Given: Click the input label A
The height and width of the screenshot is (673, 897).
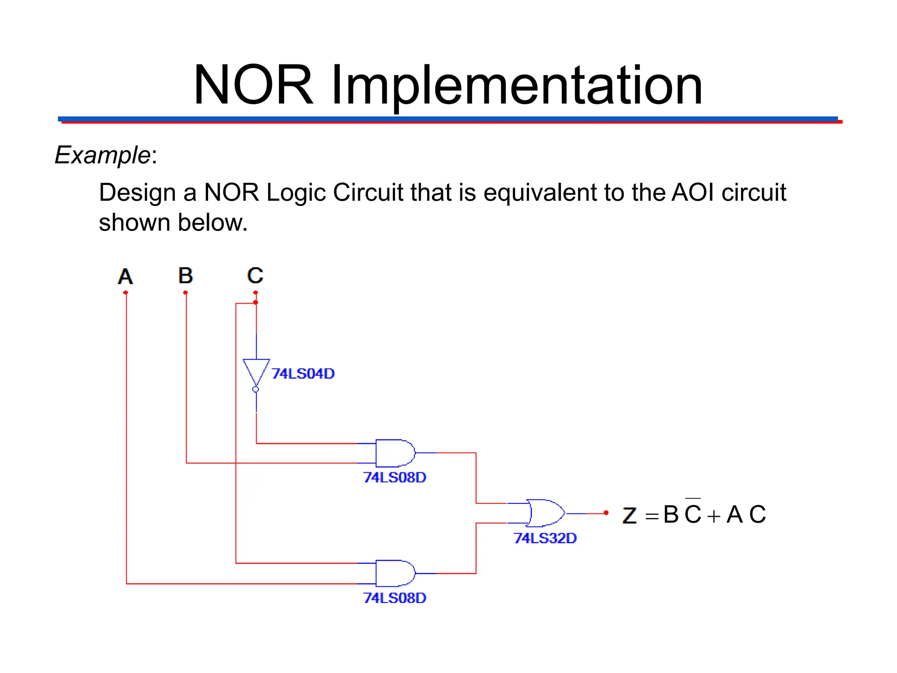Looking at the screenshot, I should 125,276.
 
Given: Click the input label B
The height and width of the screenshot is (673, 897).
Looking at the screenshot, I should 186,276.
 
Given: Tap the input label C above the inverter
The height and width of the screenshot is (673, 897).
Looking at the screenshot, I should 255,276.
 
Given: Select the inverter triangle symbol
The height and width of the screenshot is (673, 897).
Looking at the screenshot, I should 256,372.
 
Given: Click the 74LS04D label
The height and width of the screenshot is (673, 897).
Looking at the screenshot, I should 303,374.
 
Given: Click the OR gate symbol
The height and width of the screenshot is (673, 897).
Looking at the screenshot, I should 544,513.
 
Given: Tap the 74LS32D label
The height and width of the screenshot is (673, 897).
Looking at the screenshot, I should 545,538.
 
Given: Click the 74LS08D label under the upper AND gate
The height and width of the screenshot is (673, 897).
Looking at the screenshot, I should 395,477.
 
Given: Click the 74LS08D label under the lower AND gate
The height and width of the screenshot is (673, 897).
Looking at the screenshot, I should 395,598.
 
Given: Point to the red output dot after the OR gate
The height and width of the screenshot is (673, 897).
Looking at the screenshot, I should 606,513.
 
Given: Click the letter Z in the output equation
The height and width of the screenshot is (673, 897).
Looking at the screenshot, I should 629,515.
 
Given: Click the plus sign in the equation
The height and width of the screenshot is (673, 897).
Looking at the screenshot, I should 713,516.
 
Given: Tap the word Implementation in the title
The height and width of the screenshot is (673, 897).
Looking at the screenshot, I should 517,85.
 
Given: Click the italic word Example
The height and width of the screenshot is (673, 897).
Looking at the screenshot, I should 102,155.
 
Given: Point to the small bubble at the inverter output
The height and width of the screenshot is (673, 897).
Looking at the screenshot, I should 256,389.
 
